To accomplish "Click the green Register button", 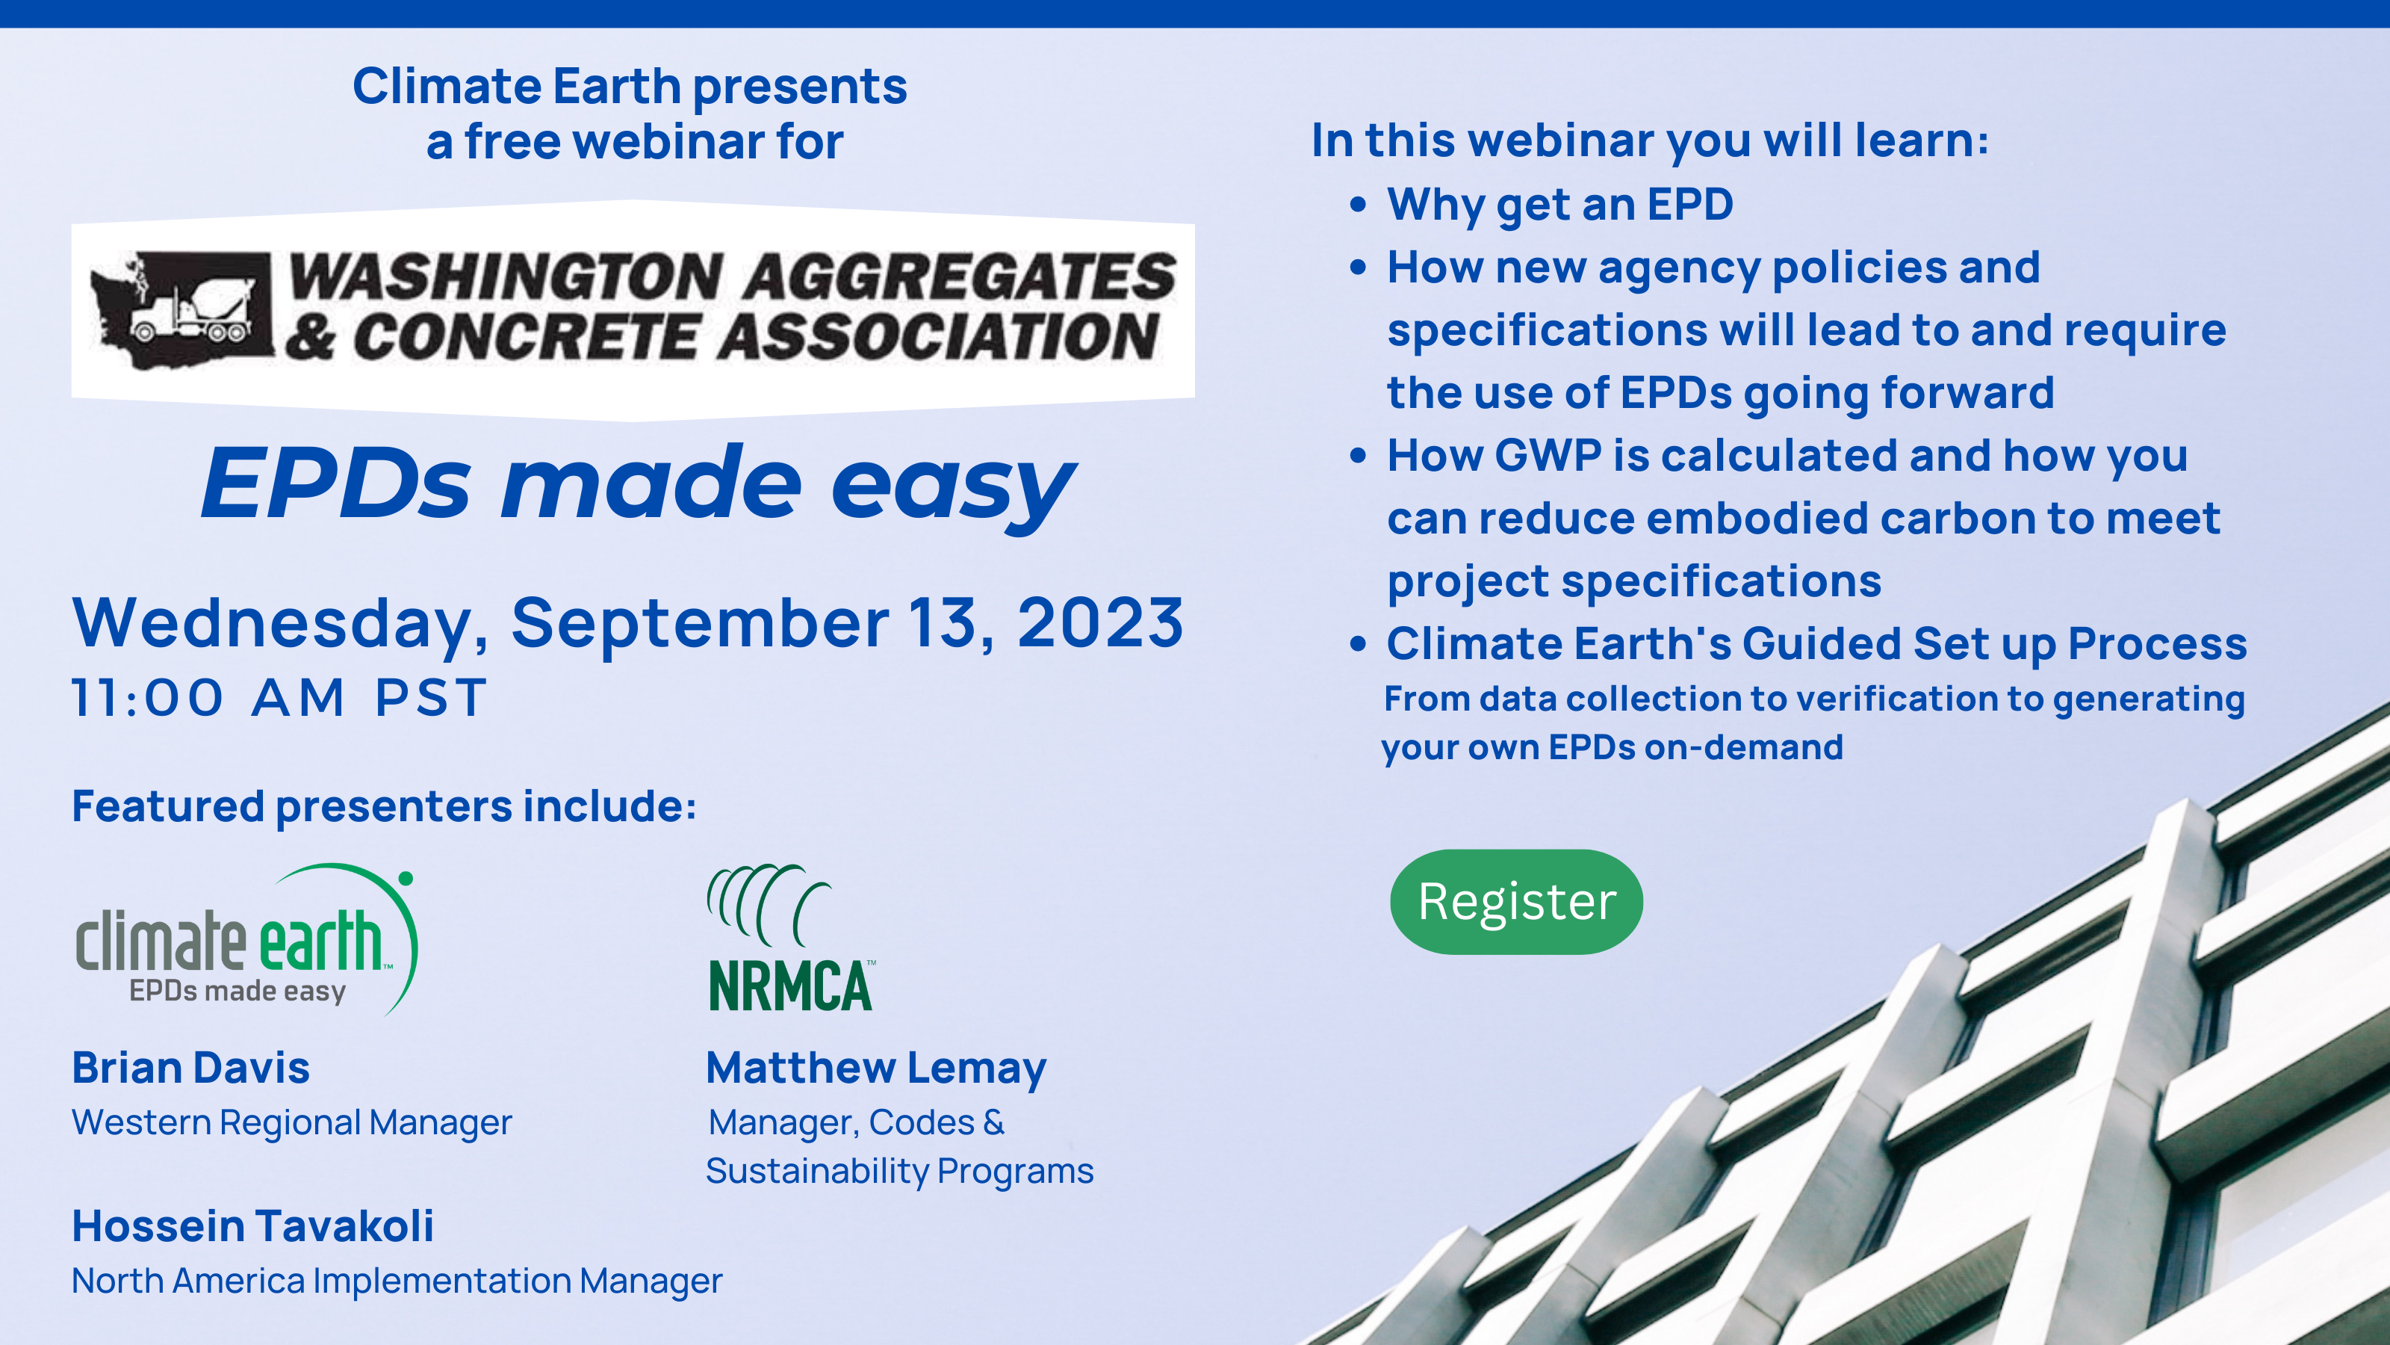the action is (x=1516, y=901).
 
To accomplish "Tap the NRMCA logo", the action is (x=790, y=938).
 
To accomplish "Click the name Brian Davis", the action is (x=191, y=1068).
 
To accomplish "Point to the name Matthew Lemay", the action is (x=876, y=1069).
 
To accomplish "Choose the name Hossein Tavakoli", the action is (x=253, y=1226).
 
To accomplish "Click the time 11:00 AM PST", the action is (x=279, y=697).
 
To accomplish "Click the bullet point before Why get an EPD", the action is (x=1359, y=204).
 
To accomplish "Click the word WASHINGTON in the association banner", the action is (x=506, y=276).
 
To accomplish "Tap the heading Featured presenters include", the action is (x=384, y=806).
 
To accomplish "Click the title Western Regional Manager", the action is (x=292, y=1123).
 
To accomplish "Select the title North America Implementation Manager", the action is (x=397, y=1281).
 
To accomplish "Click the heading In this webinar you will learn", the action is (x=1650, y=141).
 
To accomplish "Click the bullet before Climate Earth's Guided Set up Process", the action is (x=1359, y=643).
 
